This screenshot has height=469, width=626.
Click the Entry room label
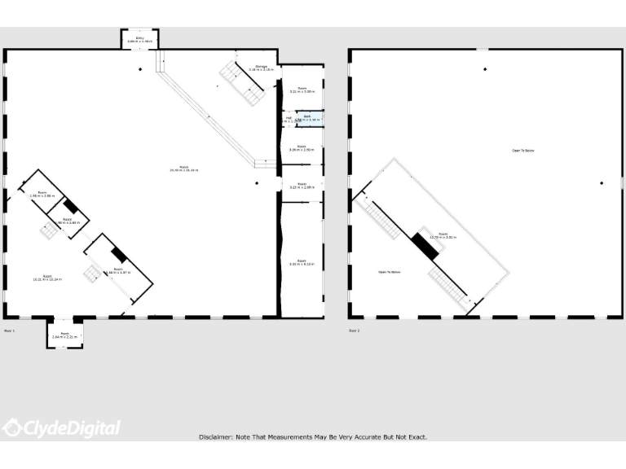tap(139, 39)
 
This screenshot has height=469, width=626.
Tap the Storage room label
tap(261, 68)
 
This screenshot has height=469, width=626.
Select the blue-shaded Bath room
tap(308, 119)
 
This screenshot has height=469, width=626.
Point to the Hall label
tap(288, 119)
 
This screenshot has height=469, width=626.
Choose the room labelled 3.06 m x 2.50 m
tap(302, 149)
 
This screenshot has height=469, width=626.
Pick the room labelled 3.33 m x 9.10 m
tap(302, 262)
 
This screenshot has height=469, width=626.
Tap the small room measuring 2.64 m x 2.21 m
tap(64, 335)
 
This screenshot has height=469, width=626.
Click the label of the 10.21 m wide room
tap(47, 278)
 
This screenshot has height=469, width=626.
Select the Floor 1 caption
tap(10, 331)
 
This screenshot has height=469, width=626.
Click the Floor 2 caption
tap(355, 331)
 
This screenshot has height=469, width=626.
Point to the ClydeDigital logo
tap(61, 428)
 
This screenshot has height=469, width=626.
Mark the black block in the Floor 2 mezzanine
tap(425, 245)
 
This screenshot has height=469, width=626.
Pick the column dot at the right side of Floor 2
tap(602, 182)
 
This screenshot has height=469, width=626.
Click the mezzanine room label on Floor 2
tap(443, 235)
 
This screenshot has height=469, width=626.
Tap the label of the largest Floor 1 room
tap(183, 169)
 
